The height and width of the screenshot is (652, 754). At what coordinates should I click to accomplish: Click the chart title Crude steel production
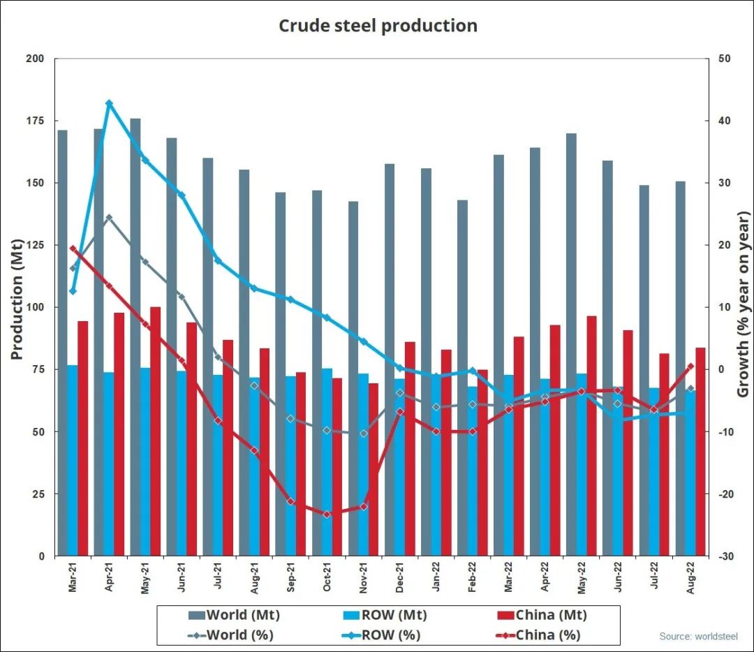click(x=378, y=26)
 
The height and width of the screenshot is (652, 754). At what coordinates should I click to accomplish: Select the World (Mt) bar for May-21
click(x=135, y=335)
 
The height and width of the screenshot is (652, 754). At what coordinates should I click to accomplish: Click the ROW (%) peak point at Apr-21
click(x=109, y=103)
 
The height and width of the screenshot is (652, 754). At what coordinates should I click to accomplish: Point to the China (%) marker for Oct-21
click(x=327, y=514)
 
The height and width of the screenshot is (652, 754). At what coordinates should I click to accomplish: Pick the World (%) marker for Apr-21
click(x=109, y=218)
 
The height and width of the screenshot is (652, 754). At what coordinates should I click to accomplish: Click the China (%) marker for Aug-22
click(x=690, y=366)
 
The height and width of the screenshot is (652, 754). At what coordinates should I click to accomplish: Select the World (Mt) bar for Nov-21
click(x=353, y=377)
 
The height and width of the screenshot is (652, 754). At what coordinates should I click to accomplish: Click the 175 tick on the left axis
click(x=34, y=121)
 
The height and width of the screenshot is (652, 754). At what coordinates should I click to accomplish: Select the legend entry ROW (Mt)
click(x=386, y=615)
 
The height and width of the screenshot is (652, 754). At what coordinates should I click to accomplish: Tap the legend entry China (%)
click(x=537, y=635)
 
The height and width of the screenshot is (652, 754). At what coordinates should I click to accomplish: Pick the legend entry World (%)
click(x=231, y=635)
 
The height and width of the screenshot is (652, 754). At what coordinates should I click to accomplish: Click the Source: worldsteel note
click(x=698, y=637)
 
